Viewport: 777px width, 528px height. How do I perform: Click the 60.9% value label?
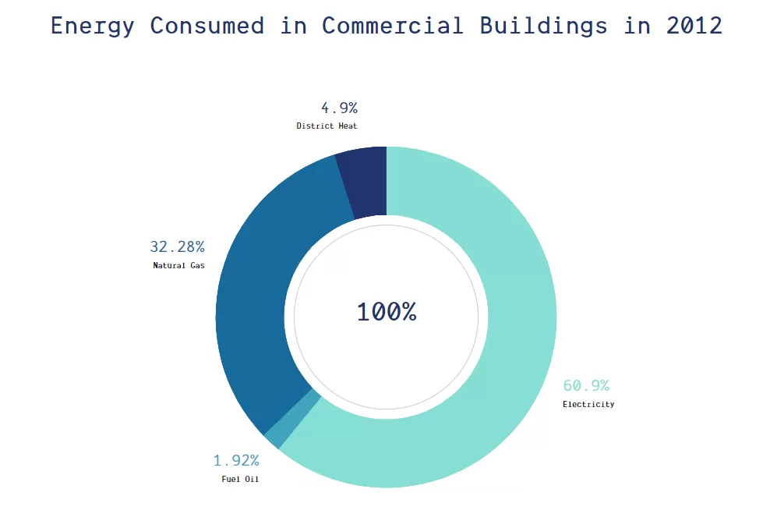click(x=586, y=385)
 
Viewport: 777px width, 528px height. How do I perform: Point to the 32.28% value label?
click(x=177, y=246)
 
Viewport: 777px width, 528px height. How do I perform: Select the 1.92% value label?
click(x=236, y=460)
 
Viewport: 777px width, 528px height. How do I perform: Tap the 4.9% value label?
click(x=339, y=108)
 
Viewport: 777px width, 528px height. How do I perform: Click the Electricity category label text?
click(x=588, y=404)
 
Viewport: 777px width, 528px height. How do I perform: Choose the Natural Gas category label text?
click(x=179, y=265)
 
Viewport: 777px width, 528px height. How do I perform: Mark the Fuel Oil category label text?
click(x=240, y=479)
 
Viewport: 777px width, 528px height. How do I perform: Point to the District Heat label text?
click(x=327, y=126)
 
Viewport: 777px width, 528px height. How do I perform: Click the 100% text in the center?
click(x=387, y=312)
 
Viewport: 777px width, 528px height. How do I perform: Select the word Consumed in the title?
click(x=207, y=26)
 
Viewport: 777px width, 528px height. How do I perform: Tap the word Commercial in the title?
click(x=393, y=26)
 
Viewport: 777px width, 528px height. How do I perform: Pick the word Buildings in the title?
click(x=543, y=26)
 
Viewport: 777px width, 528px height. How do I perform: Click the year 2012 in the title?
click(x=694, y=26)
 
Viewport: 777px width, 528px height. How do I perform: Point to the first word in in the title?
click(x=293, y=26)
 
